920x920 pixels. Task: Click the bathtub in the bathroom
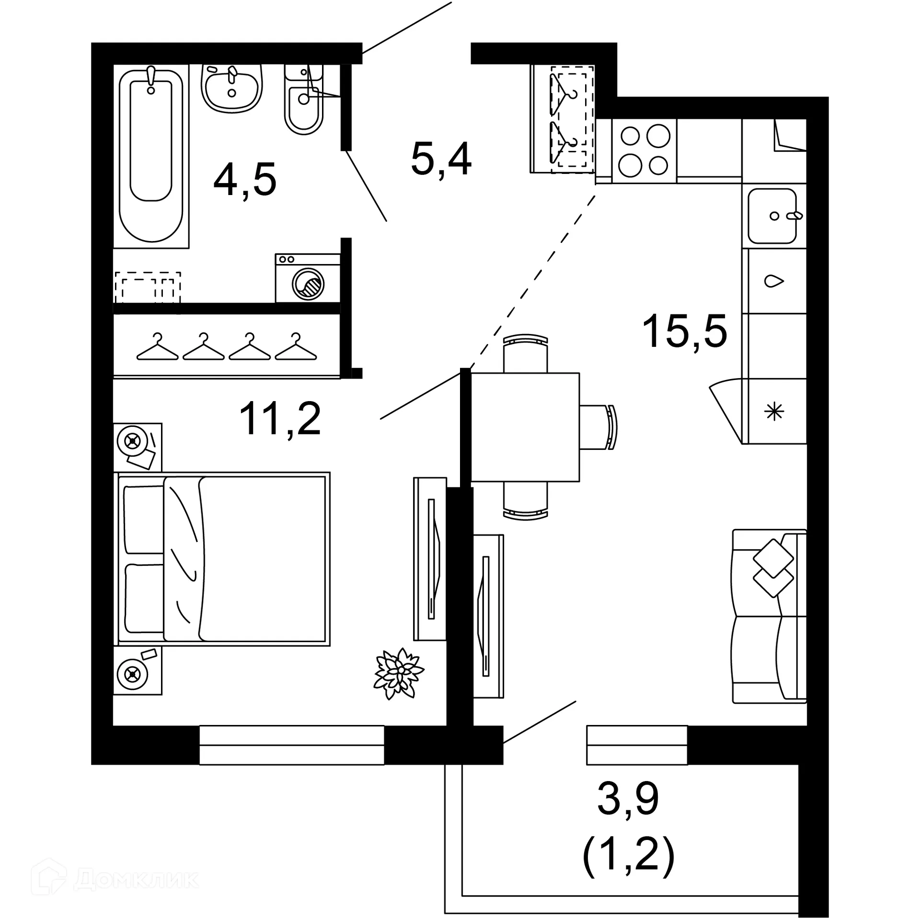tap(151, 156)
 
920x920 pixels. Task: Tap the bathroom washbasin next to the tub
tap(232, 89)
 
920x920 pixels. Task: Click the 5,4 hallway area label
tap(441, 160)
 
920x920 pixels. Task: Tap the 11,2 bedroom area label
tap(280, 419)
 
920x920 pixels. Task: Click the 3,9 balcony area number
tap(628, 798)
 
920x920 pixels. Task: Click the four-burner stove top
tap(644, 150)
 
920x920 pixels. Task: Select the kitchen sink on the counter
tap(772, 216)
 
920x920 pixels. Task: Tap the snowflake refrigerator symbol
tap(774, 412)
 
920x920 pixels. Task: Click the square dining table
tap(525, 427)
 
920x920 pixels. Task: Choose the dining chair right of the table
tap(599, 427)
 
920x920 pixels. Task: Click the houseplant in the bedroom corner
tap(398, 674)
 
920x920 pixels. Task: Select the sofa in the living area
tap(769, 616)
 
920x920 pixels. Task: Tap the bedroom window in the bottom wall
tap(291, 745)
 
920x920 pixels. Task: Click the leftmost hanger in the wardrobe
tap(157, 348)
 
